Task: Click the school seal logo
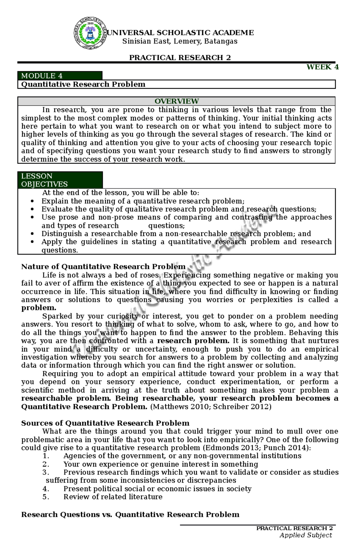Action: click(x=90, y=33)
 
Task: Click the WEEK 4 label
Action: click(x=322, y=67)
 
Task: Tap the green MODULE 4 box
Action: click(x=60, y=76)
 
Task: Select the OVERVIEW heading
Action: click(x=176, y=101)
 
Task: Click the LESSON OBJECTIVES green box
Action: click(x=60, y=180)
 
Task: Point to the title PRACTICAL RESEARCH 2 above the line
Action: click(x=180, y=58)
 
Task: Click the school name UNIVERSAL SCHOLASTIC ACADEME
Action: click(x=180, y=33)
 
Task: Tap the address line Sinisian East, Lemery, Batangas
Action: click(x=180, y=41)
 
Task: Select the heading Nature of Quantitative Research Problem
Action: click(x=103, y=266)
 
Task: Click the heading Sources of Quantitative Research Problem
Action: click(x=105, y=423)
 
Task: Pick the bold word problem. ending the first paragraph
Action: click(x=39, y=308)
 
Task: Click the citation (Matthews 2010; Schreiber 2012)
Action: click(x=211, y=406)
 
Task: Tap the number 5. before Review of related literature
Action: click(x=46, y=497)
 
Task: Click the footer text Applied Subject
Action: click(x=305, y=535)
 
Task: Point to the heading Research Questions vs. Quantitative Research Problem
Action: click(x=130, y=514)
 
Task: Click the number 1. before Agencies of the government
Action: click(x=46, y=456)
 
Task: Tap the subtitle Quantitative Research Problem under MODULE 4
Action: click(x=83, y=84)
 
